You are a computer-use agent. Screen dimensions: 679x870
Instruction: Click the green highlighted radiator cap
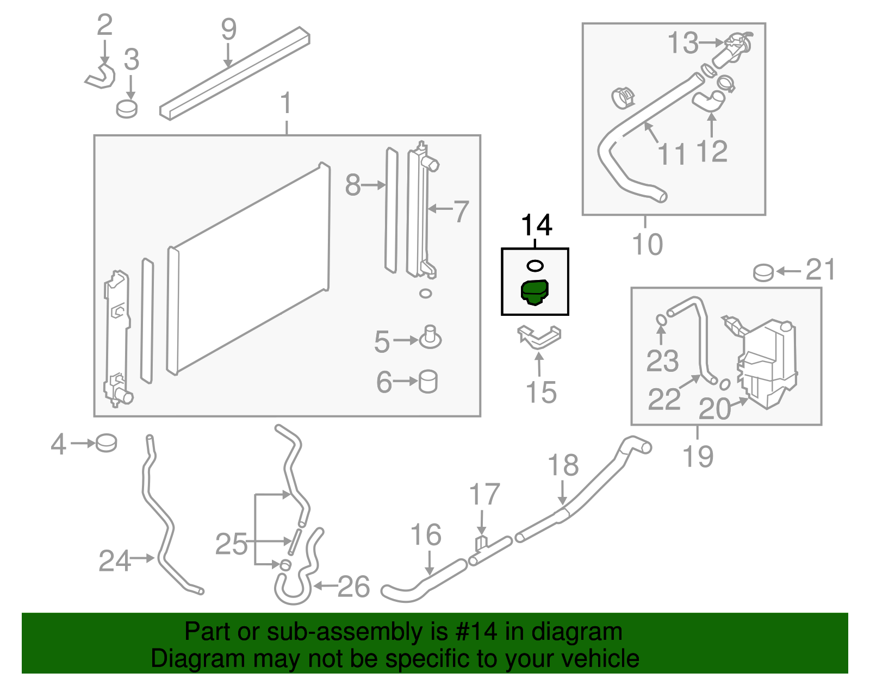click(535, 292)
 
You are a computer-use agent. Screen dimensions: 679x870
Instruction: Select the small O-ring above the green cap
click(535, 266)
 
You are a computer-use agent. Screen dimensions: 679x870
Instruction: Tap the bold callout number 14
click(536, 225)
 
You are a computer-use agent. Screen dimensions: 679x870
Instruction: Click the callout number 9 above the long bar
click(229, 29)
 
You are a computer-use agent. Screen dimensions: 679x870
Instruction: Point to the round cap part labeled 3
click(127, 109)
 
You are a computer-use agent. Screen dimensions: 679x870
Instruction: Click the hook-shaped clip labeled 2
click(101, 77)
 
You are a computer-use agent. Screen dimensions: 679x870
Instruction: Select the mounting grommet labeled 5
click(430, 338)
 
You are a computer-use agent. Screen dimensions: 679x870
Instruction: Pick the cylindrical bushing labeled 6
click(428, 382)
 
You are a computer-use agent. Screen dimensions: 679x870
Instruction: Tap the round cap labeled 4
click(107, 443)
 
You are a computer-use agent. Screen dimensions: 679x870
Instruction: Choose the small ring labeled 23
click(661, 320)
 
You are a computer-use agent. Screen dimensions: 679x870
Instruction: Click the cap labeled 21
click(763, 272)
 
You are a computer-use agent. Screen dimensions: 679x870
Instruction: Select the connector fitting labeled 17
click(482, 544)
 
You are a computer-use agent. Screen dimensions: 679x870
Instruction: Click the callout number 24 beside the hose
click(115, 561)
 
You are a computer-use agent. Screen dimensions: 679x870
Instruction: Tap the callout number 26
click(353, 587)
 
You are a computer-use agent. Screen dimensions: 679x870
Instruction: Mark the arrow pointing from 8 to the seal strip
click(373, 185)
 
